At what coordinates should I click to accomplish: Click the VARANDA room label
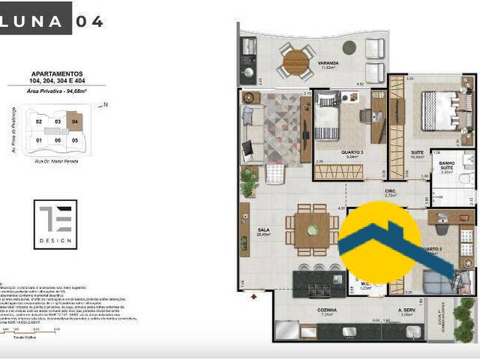327,63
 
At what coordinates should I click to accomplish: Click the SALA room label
262,230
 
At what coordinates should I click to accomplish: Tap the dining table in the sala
312,229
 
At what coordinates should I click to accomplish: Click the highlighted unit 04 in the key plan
73,120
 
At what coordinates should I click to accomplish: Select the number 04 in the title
88,21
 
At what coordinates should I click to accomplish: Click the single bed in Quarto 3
327,120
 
